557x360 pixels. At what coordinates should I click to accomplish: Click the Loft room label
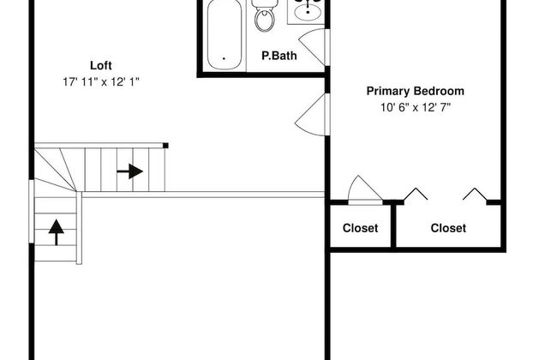(x=101, y=65)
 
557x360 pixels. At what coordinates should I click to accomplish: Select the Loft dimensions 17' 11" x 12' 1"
(x=101, y=82)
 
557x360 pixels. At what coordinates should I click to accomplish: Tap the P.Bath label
(x=279, y=56)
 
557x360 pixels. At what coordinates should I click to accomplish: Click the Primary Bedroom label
(x=416, y=91)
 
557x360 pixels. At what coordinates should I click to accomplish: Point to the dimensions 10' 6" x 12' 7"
(x=416, y=107)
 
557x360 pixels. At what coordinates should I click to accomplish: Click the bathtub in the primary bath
(x=225, y=34)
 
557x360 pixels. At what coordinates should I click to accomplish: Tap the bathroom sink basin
(x=308, y=13)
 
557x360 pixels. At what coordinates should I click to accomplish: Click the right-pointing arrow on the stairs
(x=129, y=171)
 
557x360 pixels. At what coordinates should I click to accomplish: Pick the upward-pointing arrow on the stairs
(x=56, y=232)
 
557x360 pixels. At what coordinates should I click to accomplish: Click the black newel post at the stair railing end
(x=165, y=146)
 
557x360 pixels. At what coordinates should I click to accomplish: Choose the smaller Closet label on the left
(x=360, y=228)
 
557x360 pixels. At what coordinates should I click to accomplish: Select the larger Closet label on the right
(x=448, y=228)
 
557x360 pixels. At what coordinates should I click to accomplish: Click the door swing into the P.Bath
(x=313, y=47)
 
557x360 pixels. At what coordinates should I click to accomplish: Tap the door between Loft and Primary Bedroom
(x=311, y=115)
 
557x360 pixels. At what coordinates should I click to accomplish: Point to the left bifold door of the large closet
(x=416, y=194)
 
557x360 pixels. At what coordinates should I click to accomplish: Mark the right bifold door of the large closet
(x=476, y=195)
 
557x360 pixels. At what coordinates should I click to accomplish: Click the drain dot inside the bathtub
(x=225, y=58)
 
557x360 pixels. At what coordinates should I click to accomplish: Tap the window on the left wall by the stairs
(x=31, y=212)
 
